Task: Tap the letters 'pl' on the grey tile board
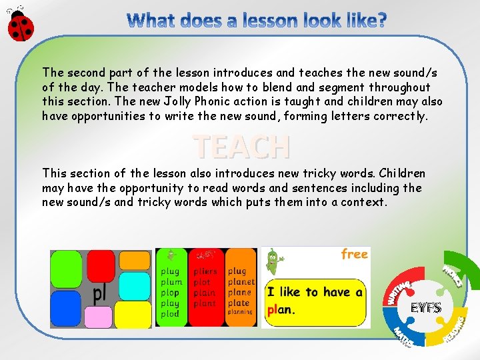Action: click(x=100, y=293)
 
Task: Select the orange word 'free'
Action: click(x=354, y=254)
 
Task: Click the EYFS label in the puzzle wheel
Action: click(x=425, y=307)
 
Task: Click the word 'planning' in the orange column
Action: click(x=240, y=312)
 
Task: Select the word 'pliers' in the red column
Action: click(x=205, y=271)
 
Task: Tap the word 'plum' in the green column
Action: click(x=171, y=282)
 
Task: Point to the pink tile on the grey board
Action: click(x=99, y=317)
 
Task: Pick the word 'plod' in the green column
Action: click(x=170, y=314)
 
